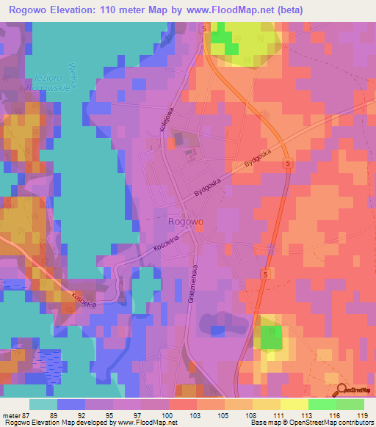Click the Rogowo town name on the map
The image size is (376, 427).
coord(186,220)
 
